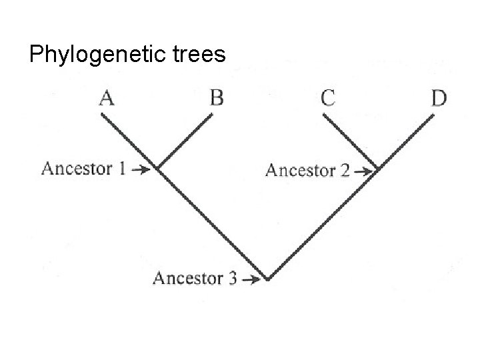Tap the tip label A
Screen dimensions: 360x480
(x=107, y=99)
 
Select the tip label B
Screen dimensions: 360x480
(x=217, y=99)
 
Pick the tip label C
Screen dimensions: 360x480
(x=328, y=99)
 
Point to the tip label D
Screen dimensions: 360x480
(x=439, y=99)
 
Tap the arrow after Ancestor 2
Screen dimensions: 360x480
(x=363, y=171)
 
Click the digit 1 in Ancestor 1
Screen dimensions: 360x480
(x=122, y=168)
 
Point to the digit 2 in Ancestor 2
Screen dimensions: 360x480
(x=345, y=171)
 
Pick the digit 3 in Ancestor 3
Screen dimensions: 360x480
(x=232, y=278)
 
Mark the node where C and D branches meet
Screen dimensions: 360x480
(x=379, y=169)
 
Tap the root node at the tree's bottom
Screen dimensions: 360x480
(x=267, y=279)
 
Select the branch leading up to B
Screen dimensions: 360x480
(x=185, y=141)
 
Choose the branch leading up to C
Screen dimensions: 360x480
(x=351, y=141)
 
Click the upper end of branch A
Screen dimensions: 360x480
(x=102, y=115)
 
